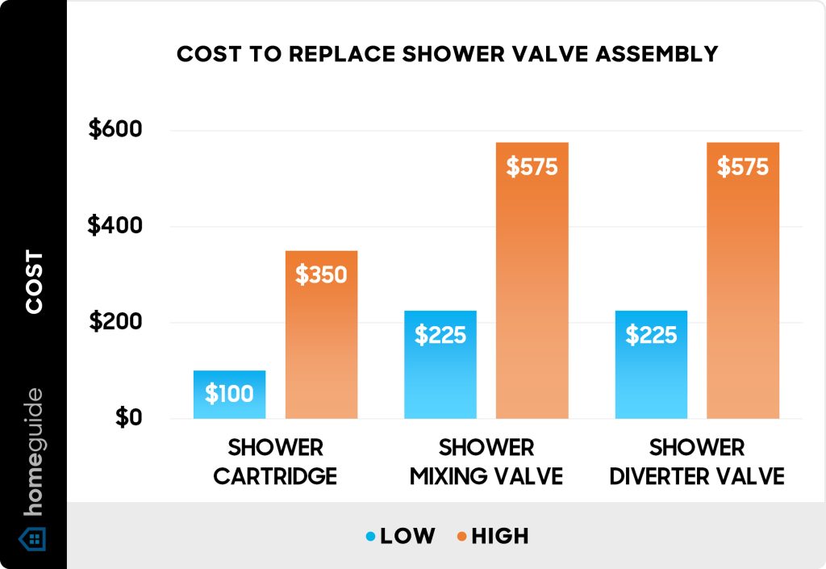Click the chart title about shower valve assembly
tap(447, 54)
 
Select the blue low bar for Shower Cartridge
tap(229, 395)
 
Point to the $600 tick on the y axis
tap(115, 130)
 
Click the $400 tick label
tap(115, 226)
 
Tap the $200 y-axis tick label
tap(115, 322)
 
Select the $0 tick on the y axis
tap(127, 418)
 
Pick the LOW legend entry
tap(400, 535)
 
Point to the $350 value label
tap(321, 275)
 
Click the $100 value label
tap(229, 394)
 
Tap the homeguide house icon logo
tap(33, 538)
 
